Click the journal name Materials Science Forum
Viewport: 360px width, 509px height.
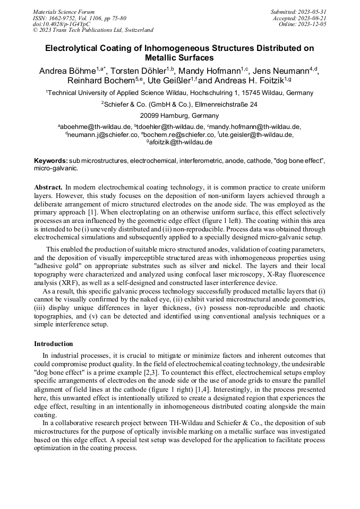pos(64,12)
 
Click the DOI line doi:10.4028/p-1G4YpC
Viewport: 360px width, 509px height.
pos(61,24)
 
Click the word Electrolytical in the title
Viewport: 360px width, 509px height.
pos(73,48)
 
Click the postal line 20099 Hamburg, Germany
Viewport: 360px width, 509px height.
pos(179,115)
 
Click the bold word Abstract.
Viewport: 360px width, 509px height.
pos(48,187)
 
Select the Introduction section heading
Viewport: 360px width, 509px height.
pos(54,344)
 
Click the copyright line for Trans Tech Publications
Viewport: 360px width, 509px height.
pos(93,30)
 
